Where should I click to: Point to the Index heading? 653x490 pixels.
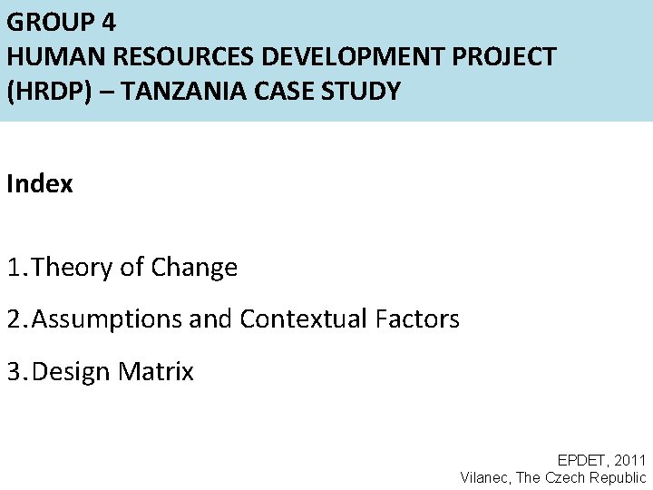click(39, 184)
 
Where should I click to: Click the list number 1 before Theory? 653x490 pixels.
click(14, 268)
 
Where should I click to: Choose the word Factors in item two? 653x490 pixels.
click(417, 319)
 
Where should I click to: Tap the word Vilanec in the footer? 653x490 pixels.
click(484, 478)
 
